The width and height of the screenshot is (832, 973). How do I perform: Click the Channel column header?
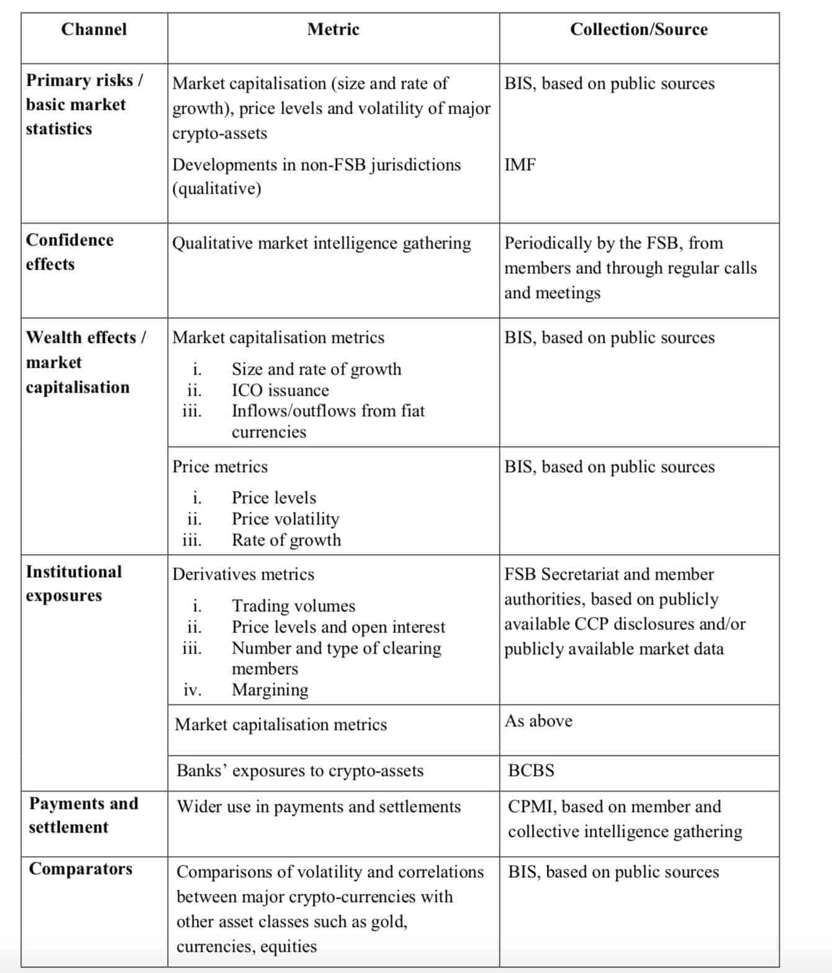(94, 29)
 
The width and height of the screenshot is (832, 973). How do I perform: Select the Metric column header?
(333, 29)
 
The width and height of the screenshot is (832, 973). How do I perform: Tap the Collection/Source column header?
(638, 29)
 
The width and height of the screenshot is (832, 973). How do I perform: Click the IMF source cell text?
(520, 165)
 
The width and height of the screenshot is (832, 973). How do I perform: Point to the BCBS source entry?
(531, 770)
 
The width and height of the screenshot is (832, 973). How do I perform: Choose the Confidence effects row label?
(70, 252)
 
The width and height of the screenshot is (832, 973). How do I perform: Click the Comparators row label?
(81, 869)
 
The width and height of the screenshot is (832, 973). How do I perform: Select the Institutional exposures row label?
(74, 583)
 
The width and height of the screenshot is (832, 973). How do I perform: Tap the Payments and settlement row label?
(83, 815)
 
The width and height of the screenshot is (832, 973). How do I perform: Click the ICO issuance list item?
(280, 390)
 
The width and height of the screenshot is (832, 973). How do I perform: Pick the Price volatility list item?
(285, 519)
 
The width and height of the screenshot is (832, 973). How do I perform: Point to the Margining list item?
(269, 690)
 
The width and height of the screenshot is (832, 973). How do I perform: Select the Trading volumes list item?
(293, 606)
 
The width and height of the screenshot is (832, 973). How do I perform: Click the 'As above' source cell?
(538, 721)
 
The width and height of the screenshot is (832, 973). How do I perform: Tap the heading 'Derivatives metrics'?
(243, 574)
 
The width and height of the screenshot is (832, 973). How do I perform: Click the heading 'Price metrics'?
(220, 467)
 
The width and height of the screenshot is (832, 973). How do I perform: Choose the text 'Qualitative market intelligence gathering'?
(321, 243)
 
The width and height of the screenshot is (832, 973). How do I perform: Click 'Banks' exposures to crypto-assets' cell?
(300, 770)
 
